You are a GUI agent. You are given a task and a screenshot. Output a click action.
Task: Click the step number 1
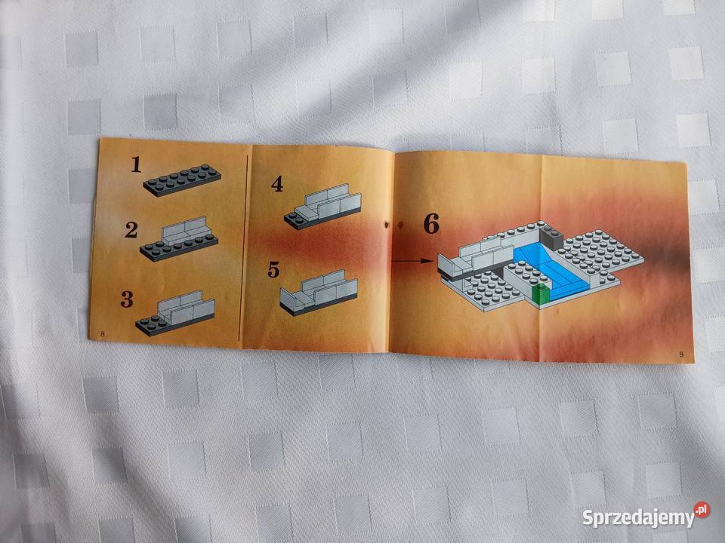[x=136, y=164]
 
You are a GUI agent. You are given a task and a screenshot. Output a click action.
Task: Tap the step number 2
[x=131, y=230]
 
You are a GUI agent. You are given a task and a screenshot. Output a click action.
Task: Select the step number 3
[x=127, y=299]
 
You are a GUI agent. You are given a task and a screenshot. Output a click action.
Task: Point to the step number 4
[x=277, y=184]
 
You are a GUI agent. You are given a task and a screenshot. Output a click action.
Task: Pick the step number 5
[x=273, y=269]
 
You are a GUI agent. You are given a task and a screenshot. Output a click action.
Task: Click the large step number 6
[x=430, y=223]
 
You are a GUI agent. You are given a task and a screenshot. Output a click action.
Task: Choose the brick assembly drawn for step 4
[x=320, y=207]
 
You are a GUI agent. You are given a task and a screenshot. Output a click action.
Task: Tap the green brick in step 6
[x=540, y=295]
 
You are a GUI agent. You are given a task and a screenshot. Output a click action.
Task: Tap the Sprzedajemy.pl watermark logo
[x=646, y=518]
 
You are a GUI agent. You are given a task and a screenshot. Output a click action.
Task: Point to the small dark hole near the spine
[x=387, y=224]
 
